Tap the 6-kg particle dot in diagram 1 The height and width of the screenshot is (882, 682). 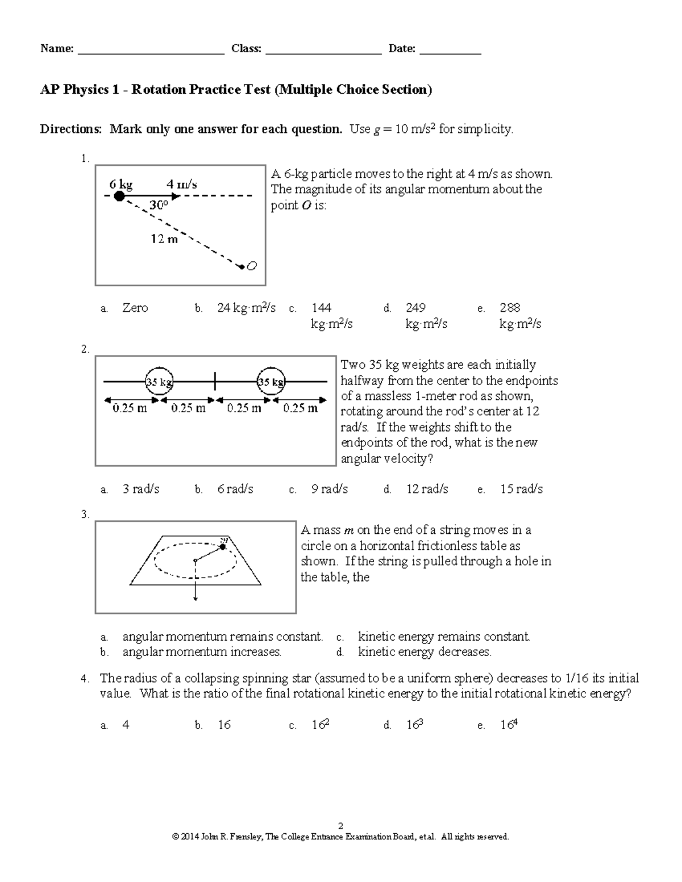coord(119,196)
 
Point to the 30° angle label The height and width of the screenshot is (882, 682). coord(159,206)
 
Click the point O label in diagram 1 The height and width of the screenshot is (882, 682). coord(252,266)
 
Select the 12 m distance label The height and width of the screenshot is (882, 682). coord(164,239)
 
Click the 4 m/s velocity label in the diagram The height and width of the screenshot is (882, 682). coord(181,184)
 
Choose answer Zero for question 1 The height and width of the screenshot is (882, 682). coord(135,308)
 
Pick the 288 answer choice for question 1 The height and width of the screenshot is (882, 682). coord(510,308)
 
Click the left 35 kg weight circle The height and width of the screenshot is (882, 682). coord(159,382)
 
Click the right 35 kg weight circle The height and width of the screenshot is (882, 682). coord(271,382)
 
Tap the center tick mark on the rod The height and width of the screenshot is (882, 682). coord(215,381)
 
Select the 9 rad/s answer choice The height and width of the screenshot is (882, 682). coord(330,489)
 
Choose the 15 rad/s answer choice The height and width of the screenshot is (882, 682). coord(521,489)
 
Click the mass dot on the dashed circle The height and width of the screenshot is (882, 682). coord(223,547)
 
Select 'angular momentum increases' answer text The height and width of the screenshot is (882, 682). coord(202,652)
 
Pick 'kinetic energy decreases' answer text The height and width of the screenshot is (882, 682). coord(425,652)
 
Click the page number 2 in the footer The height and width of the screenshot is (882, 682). coord(340,826)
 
